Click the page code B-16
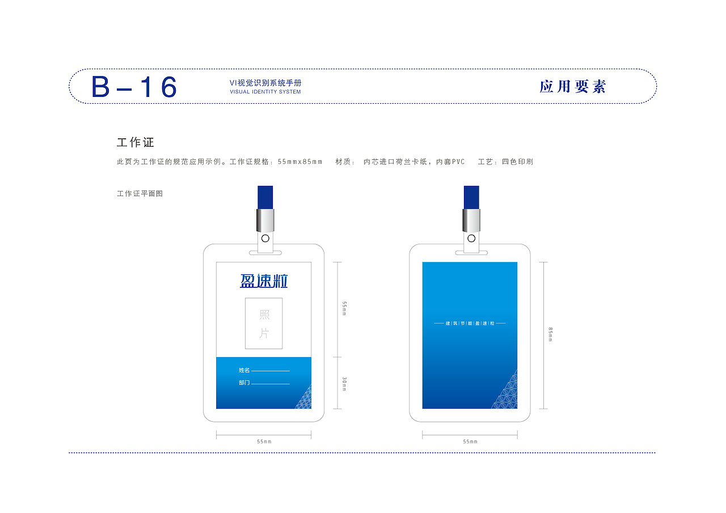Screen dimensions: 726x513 (134, 87)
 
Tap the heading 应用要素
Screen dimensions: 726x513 (572, 87)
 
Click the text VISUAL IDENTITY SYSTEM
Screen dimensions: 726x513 (265, 92)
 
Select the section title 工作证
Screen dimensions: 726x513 (136, 142)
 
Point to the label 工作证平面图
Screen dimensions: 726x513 (140, 194)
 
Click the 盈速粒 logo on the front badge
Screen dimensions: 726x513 (264, 281)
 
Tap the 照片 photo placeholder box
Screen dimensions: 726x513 (264, 323)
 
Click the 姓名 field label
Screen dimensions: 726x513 (244, 370)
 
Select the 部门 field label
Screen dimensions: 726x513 (244, 383)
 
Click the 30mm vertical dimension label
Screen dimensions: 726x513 (344, 384)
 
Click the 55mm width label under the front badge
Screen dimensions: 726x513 (264, 441)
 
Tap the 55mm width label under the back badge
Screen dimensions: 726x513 (470, 441)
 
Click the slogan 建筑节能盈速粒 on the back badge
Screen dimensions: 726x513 (470, 324)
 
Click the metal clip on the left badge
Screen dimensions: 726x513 (265, 221)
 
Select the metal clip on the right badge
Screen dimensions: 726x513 (471, 221)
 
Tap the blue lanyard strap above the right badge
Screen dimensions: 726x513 (471, 197)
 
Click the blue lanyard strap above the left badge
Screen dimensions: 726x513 (265, 197)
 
